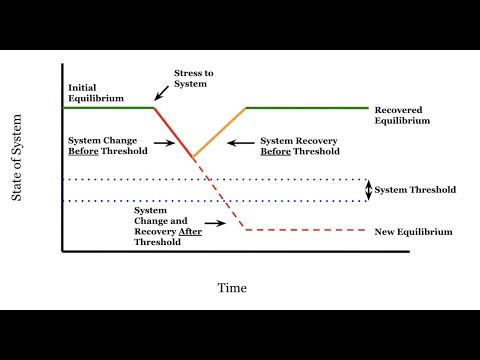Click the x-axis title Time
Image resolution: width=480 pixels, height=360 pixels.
coord(232,288)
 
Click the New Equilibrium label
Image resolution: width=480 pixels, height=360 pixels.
coord(413,232)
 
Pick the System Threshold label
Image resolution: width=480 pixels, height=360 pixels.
coord(415,190)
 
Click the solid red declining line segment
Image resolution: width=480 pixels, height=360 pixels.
coord(174,131)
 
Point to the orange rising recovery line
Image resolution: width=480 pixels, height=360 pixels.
coord(220,131)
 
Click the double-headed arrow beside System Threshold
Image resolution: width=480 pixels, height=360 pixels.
coord(367,190)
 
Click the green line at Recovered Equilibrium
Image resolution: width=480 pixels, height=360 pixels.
coord(305,107)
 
